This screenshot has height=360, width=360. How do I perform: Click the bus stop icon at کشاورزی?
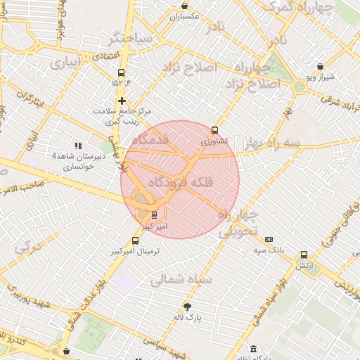coord(214,130)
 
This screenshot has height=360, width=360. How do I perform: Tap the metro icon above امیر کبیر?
coord(155,215)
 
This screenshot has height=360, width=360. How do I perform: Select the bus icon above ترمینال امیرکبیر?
coord(136,240)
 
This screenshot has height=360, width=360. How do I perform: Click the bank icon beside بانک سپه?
coord(269,239)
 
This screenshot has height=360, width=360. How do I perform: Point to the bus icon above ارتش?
coord(304,255)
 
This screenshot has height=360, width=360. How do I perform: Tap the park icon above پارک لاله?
coord(187,307)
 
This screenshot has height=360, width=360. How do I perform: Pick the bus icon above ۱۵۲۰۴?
coord(121,72)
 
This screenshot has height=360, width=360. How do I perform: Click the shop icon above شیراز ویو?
coord(321,65)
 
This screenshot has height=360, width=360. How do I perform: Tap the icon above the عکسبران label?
coord(184,6)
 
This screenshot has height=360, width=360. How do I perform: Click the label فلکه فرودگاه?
coord(179,184)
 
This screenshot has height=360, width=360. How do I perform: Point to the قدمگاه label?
coord(150,140)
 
